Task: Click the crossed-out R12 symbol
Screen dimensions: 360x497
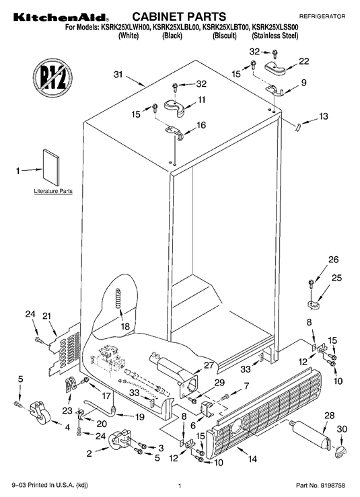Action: [x=52, y=78]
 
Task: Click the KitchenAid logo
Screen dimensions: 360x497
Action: [x=61, y=17]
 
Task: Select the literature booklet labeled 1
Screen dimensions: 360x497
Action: [x=51, y=167]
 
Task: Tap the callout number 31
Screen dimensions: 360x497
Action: [x=118, y=75]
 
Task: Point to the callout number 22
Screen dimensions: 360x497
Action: [x=303, y=61]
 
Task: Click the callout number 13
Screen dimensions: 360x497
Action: [x=323, y=116]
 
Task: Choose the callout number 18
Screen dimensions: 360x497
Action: [x=125, y=326]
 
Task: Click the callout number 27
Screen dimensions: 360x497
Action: [x=209, y=365]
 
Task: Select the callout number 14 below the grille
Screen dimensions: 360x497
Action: [x=252, y=459]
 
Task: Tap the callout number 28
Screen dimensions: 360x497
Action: [x=330, y=415]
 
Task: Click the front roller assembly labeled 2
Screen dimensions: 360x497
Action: [x=120, y=440]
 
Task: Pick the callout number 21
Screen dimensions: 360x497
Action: [x=46, y=315]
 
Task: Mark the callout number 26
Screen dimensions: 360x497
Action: [x=333, y=260]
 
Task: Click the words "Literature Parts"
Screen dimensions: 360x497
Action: [x=53, y=191]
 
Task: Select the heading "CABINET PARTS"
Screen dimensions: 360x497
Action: [x=179, y=17]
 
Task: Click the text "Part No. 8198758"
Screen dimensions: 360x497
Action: [x=320, y=486]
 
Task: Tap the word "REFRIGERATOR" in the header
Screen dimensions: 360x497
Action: [x=322, y=16]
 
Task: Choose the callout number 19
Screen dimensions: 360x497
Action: [x=140, y=417]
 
